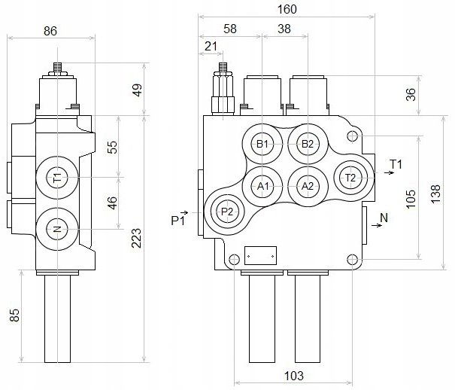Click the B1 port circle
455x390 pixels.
(262, 143)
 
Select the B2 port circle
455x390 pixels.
(306, 143)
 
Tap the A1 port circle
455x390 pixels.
(262, 185)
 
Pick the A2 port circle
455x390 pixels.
(306, 185)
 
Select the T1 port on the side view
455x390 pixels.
(57, 178)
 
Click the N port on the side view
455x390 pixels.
(57, 229)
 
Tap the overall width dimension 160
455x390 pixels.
(287, 10)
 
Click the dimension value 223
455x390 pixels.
(137, 239)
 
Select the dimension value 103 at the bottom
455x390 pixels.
(293, 375)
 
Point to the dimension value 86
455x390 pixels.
(50, 31)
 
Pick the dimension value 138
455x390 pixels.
(437, 192)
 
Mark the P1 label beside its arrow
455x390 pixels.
(177, 220)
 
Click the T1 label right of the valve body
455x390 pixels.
(396, 163)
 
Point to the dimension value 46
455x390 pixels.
(112, 203)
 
